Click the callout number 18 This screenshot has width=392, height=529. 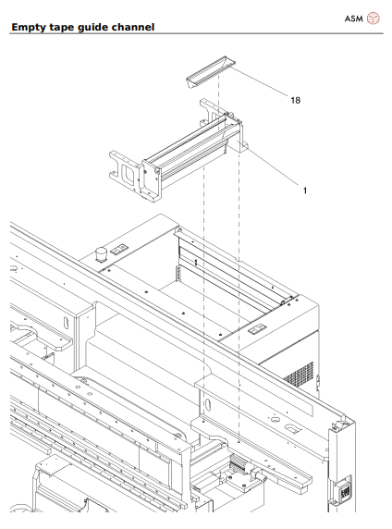click(x=294, y=98)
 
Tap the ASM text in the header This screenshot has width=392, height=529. click(x=354, y=17)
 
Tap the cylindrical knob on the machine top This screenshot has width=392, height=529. click(x=95, y=252)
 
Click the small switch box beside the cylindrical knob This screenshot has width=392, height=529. click(x=120, y=249)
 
